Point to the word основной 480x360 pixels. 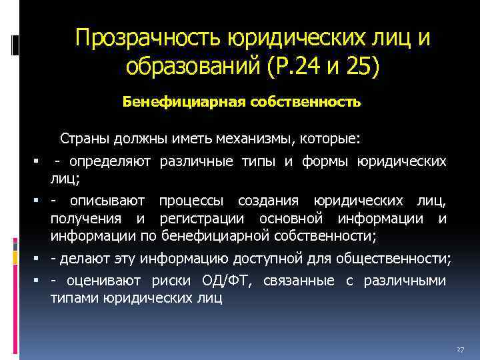[x=295, y=219]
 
